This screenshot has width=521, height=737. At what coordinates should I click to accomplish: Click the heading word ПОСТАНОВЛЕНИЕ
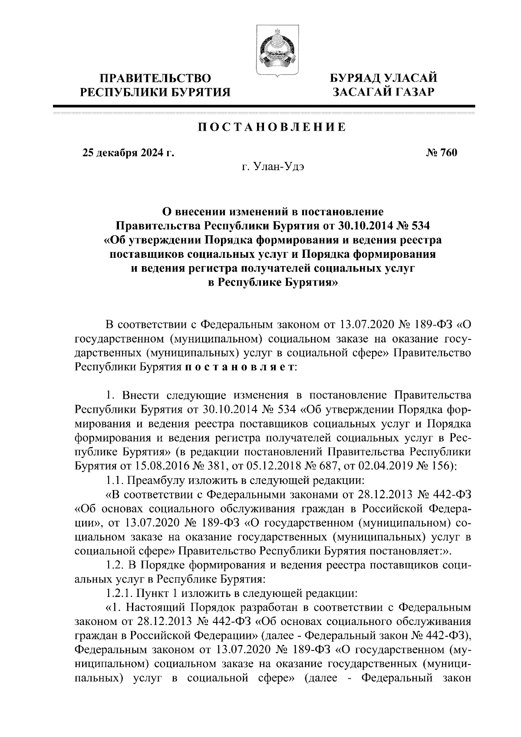(272, 127)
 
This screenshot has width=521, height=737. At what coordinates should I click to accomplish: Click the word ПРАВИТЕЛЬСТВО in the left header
(156, 79)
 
